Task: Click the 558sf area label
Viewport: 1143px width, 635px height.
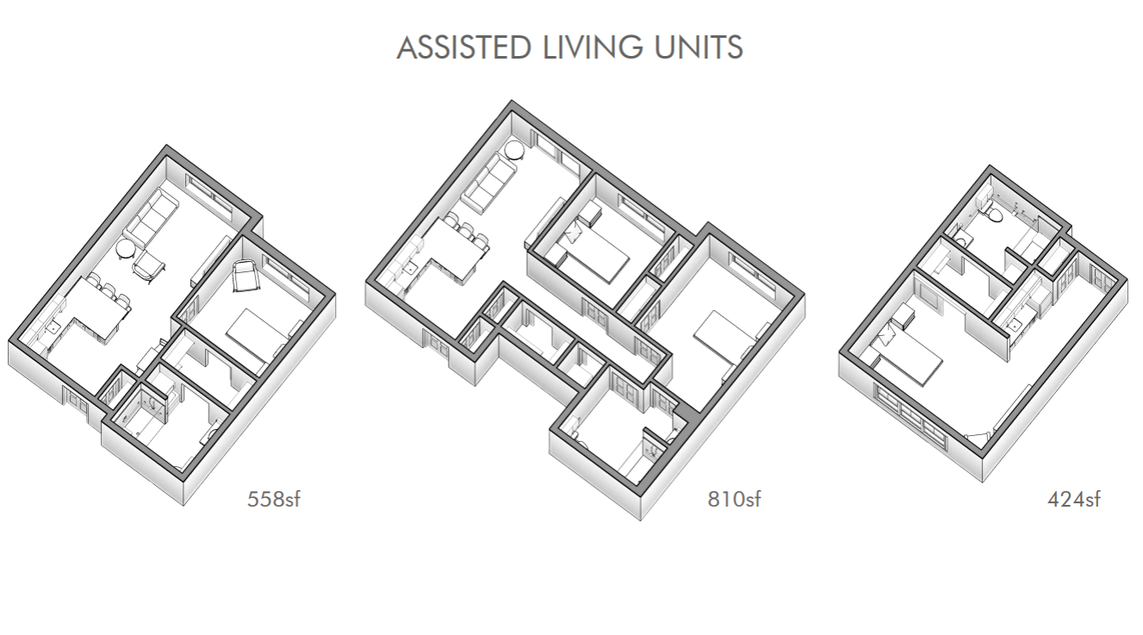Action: (273, 499)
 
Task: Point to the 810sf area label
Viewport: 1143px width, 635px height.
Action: (734, 499)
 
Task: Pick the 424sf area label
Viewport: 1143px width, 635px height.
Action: (1073, 499)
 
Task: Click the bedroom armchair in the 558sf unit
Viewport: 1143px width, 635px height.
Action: (245, 275)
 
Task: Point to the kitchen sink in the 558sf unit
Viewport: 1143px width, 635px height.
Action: (53, 328)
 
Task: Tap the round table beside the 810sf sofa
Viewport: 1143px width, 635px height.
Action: (514, 151)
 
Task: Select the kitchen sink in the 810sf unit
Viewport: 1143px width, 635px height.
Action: (411, 268)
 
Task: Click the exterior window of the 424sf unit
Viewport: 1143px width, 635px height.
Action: (910, 415)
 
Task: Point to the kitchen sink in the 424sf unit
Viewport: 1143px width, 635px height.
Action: (1016, 325)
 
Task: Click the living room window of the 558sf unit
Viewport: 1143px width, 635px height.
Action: (209, 195)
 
